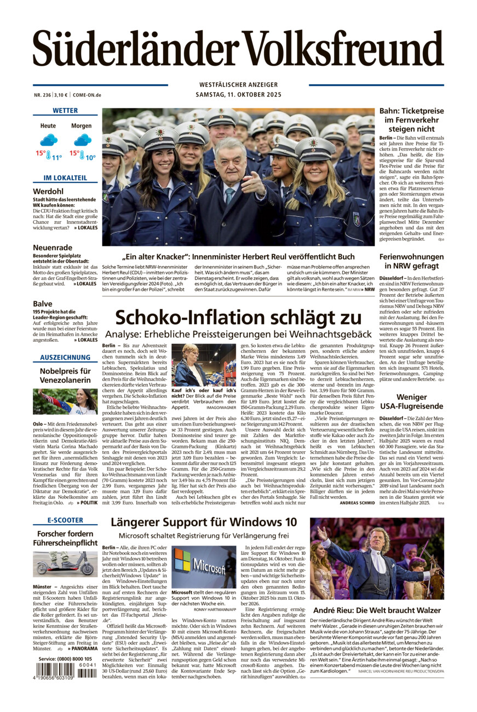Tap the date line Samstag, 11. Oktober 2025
pyautogui.click(x=238, y=95)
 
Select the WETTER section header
pyautogui.click(x=65, y=111)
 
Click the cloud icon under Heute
pyautogui.click(x=48, y=140)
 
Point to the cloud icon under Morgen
pyautogui.click(x=82, y=140)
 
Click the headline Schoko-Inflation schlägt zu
pyautogui.click(x=238, y=317)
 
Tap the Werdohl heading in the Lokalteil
pyautogui.click(x=48, y=192)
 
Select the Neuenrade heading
pyautogui.click(x=53, y=247)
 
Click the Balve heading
pyautogui.click(x=43, y=303)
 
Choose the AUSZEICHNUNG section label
pyautogui.click(x=65, y=358)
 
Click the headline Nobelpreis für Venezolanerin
pyautogui.click(x=65, y=377)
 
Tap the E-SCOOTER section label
pyautogui.click(x=65, y=520)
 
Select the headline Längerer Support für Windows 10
pyautogui.click(x=204, y=522)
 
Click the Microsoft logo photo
pyautogui.click(x=204, y=566)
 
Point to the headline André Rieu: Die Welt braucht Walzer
pyautogui.click(x=377, y=610)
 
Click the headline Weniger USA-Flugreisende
pyautogui.click(x=412, y=401)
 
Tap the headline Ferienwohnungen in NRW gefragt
pyautogui.click(x=412, y=261)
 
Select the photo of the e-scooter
pyautogui.click(x=65, y=563)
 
